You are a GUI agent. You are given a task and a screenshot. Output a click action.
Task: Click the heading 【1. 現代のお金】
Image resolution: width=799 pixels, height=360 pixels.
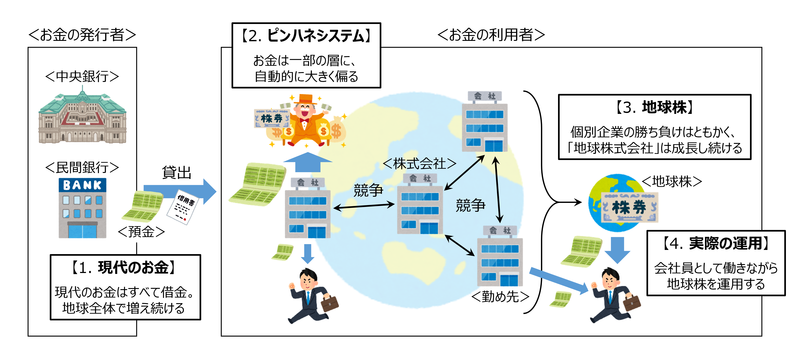(124, 268)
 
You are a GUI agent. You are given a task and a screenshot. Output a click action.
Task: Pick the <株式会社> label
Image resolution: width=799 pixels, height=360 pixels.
(419, 163)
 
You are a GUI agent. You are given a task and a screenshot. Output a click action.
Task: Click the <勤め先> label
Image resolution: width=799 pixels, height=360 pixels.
(500, 296)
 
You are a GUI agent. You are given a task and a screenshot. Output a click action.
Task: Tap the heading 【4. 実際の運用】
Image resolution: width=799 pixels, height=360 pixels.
(716, 243)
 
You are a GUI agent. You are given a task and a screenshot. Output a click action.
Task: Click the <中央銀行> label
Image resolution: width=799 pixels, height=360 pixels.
(82, 76)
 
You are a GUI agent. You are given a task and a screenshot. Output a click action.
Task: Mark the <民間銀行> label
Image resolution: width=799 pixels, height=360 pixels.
(82, 168)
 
